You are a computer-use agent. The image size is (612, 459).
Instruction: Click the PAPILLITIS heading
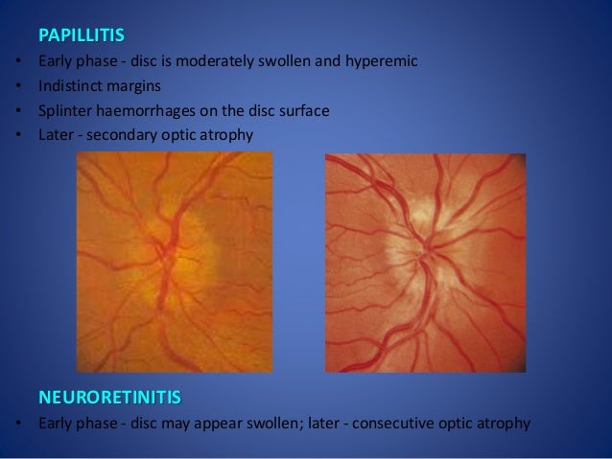tap(82, 37)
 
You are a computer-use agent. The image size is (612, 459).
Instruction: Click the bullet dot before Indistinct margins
tap(18, 87)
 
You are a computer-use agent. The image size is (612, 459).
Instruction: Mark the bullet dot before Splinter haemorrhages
tap(18, 111)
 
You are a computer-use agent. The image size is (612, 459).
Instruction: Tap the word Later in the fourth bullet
tap(56, 135)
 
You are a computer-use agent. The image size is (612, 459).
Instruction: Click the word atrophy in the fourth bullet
tap(230, 135)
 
